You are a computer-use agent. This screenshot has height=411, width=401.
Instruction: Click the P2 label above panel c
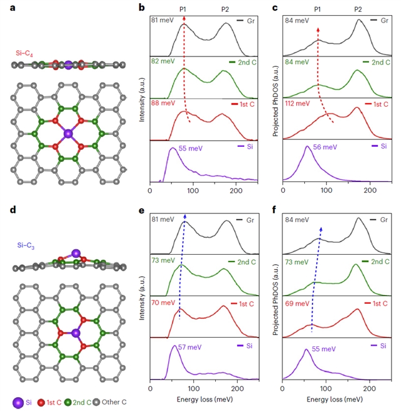[358, 9]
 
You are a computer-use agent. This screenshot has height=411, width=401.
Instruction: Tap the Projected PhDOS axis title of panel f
[275, 295]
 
